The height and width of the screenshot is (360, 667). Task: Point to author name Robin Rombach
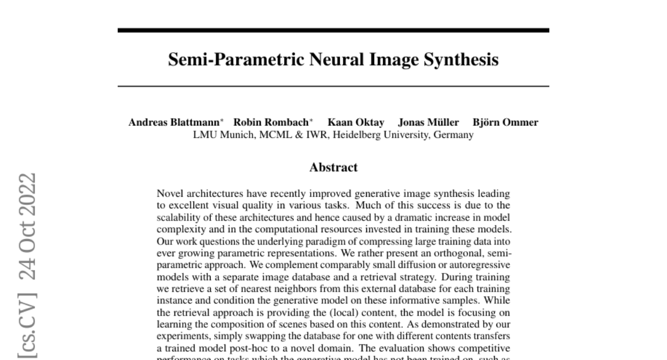click(x=271, y=123)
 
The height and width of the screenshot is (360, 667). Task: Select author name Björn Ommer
click(x=505, y=123)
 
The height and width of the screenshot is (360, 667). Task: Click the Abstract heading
click(x=333, y=167)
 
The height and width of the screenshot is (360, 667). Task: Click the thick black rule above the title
click(x=333, y=31)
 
